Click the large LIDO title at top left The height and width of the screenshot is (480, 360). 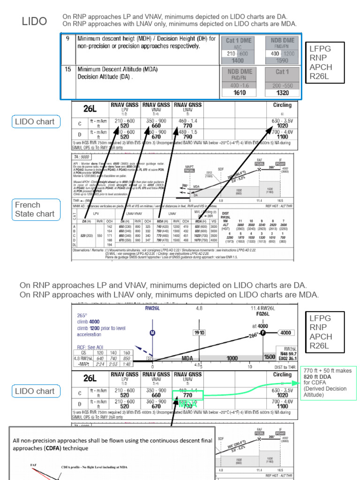(x=35, y=21)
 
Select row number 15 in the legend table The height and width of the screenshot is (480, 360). (x=67, y=69)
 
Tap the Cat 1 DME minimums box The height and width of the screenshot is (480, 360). (x=239, y=50)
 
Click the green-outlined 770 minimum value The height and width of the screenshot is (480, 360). (x=187, y=396)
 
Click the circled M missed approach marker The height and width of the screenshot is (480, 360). (x=152, y=333)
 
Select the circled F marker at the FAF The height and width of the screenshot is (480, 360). (x=263, y=333)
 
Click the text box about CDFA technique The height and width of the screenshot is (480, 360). (x=112, y=444)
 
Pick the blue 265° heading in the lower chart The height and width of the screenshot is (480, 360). (x=83, y=315)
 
